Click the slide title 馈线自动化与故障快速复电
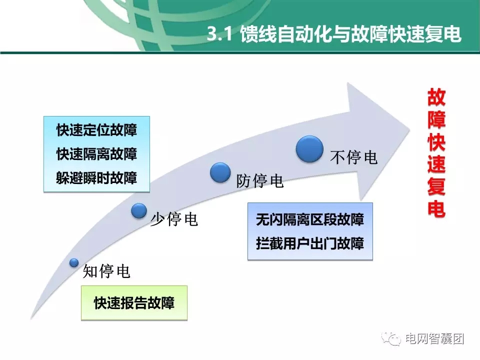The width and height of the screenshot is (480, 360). click(350, 35)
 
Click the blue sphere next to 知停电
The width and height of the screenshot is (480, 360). click(74, 262)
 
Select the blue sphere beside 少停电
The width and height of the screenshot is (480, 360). click(139, 211)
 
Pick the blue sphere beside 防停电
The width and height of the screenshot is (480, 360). click(220, 172)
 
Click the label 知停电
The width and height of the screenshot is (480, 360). click(106, 271)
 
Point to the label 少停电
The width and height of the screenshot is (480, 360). click(174, 219)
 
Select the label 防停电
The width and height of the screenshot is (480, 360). click(260, 181)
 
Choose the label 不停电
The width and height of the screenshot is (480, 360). click(353, 157)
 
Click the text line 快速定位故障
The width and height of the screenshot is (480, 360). click(96, 130)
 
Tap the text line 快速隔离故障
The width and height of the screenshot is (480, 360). click(96, 154)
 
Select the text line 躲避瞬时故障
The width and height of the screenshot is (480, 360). click(96, 178)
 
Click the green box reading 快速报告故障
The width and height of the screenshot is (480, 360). click(134, 303)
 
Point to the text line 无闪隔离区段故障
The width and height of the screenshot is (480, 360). click(309, 219)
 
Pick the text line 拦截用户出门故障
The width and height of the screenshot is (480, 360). click(309, 243)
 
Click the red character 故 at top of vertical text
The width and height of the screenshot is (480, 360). click(436, 98)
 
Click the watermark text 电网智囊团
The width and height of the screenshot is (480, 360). click(434, 338)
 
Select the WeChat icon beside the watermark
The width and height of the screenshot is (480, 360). click(391, 339)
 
